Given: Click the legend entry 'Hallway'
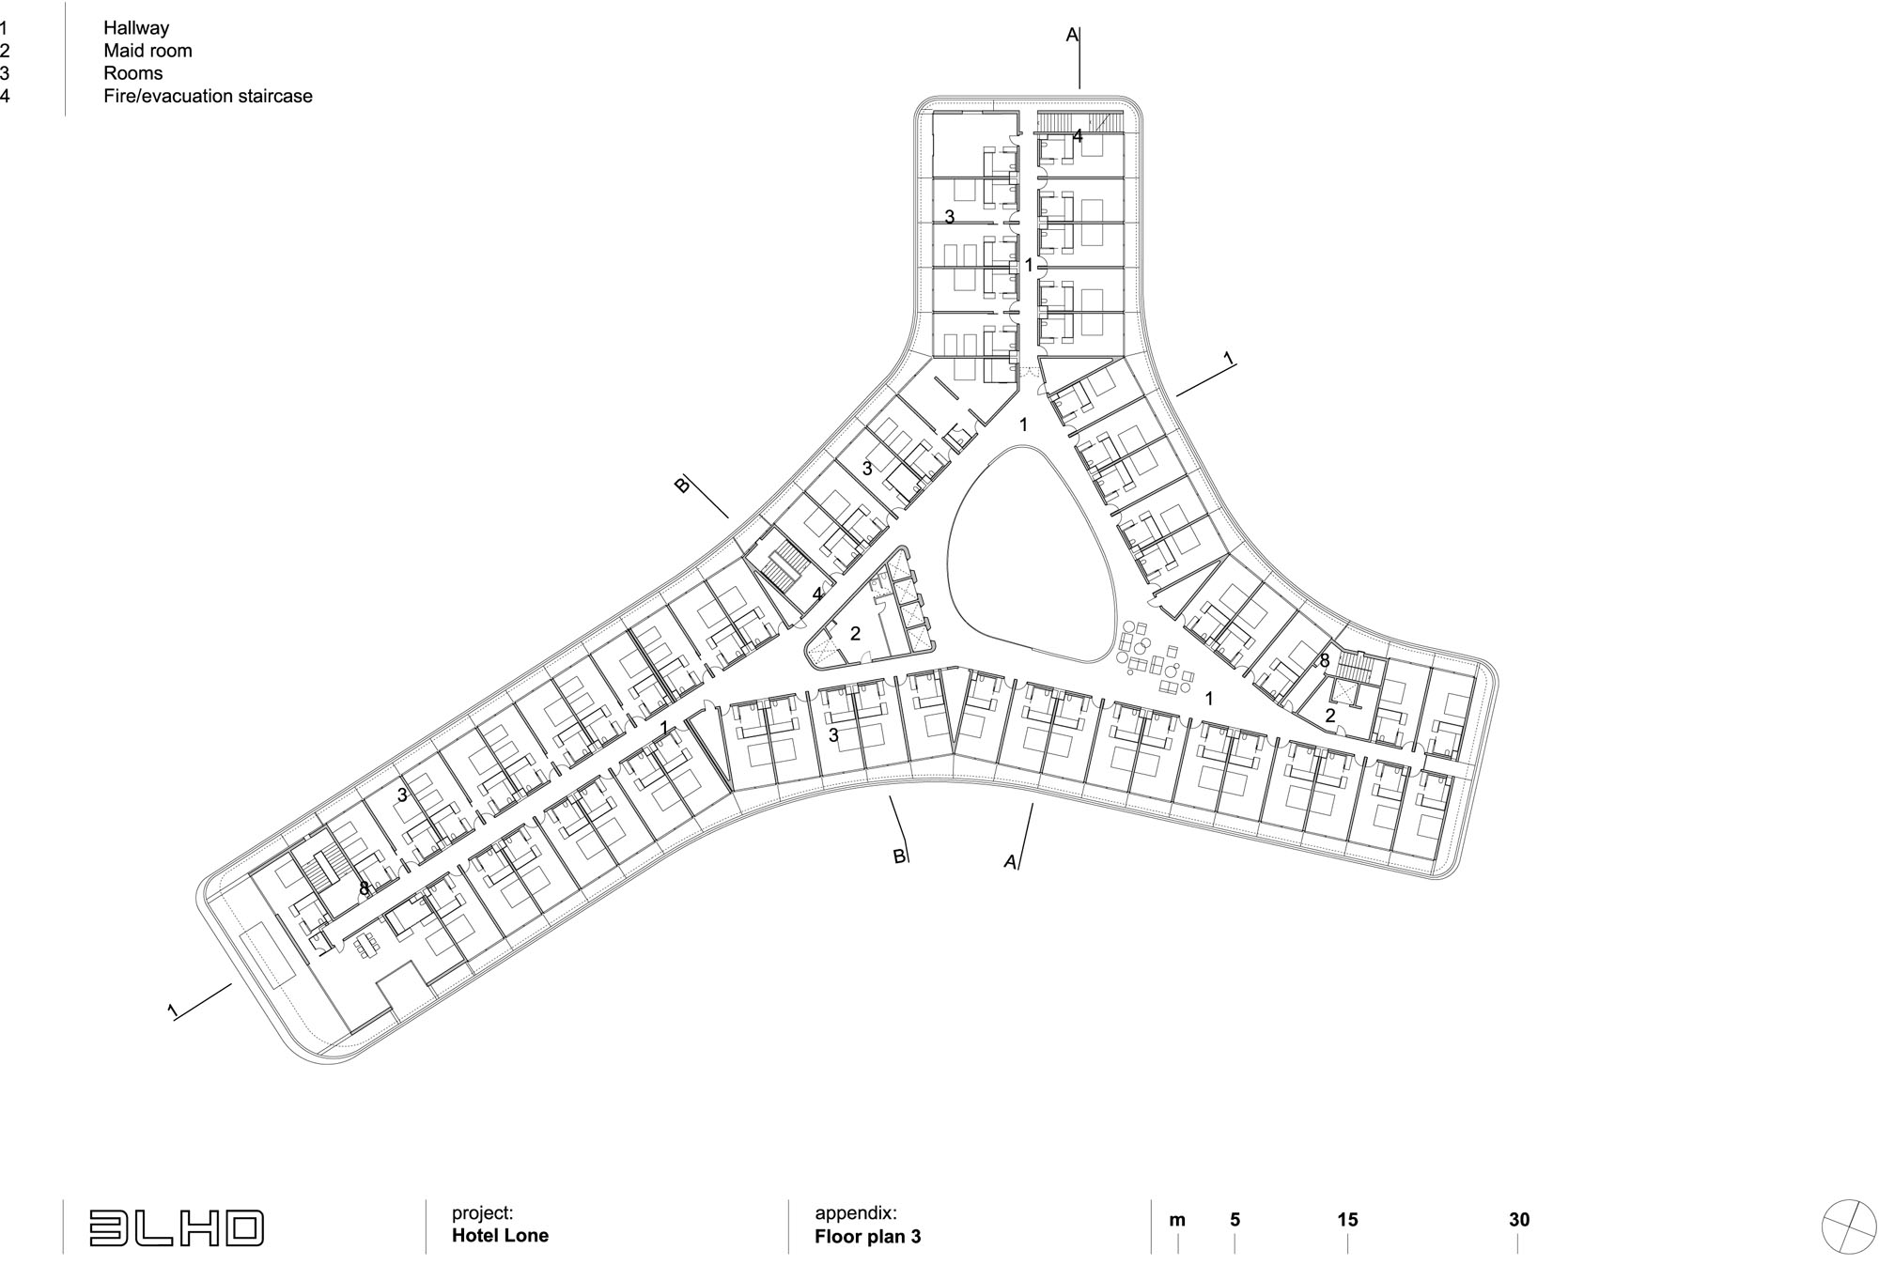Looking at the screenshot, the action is click(x=136, y=28).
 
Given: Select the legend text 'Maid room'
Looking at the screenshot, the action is click(x=148, y=51).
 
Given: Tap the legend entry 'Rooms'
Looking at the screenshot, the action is click(x=132, y=73).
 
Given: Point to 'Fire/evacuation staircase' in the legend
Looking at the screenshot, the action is click(x=208, y=96).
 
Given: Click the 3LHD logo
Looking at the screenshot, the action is click(x=177, y=1228).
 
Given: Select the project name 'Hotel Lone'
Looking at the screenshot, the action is click(x=500, y=1235).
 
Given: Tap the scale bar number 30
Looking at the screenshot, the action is click(x=1519, y=1220).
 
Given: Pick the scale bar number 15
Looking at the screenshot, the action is click(x=1347, y=1220).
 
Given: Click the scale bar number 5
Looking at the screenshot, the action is click(x=1235, y=1220).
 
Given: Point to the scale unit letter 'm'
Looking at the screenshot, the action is click(x=1177, y=1221).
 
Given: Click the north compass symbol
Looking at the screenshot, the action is click(x=1848, y=1226).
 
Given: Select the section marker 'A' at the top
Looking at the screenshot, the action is click(x=1072, y=36).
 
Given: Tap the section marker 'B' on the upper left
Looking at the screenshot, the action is click(x=683, y=485).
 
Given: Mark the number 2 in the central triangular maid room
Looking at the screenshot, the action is click(x=855, y=634).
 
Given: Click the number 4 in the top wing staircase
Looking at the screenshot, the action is click(x=1078, y=136).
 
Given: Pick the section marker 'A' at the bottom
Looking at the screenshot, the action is click(x=1010, y=861).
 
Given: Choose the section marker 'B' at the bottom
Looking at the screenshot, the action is click(x=898, y=856).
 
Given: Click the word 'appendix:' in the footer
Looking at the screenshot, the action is click(x=856, y=1213).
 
